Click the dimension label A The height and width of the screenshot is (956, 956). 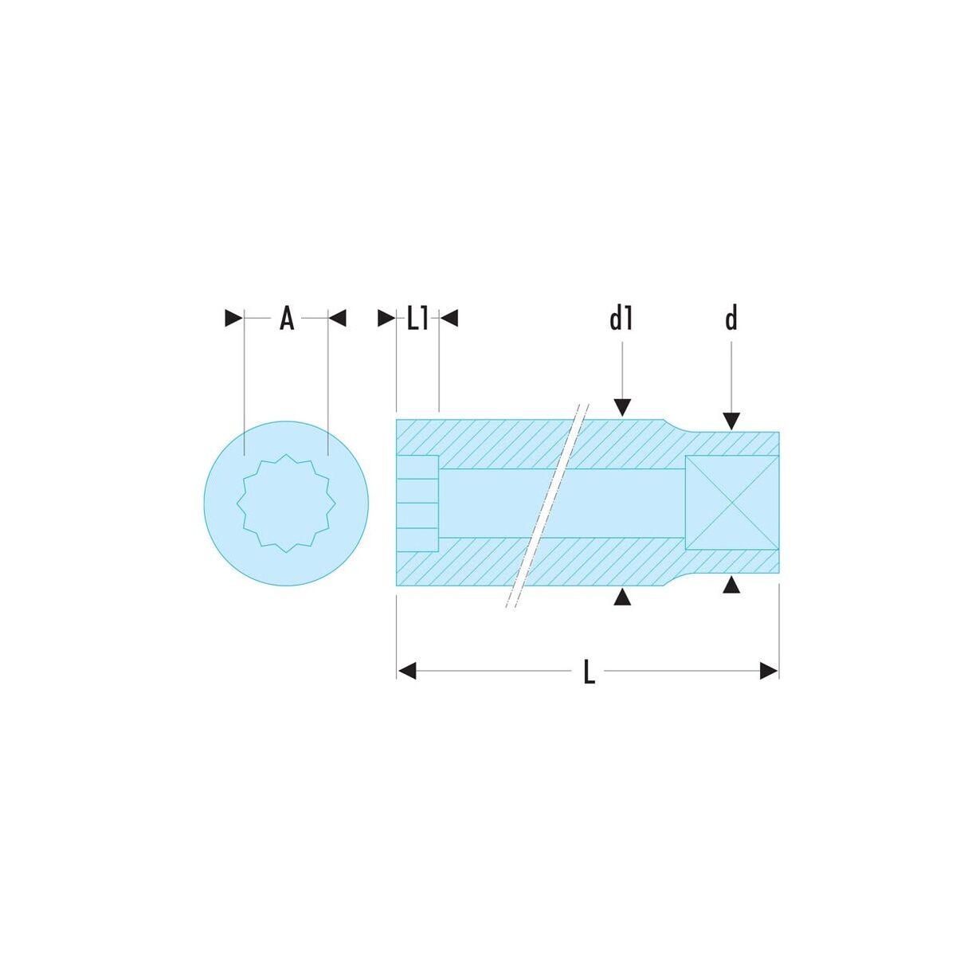click(x=287, y=318)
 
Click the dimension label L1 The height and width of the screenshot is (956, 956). click(x=417, y=318)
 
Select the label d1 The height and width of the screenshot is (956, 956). click(x=621, y=318)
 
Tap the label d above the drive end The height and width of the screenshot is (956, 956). click(x=731, y=318)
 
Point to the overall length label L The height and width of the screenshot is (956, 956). click(x=590, y=672)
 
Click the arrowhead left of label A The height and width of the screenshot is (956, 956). click(x=233, y=318)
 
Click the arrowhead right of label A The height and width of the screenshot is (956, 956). click(x=337, y=318)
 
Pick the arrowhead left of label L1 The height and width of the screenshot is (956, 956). click(x=386, y=318)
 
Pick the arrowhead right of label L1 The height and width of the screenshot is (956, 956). click(x=449, y=318)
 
